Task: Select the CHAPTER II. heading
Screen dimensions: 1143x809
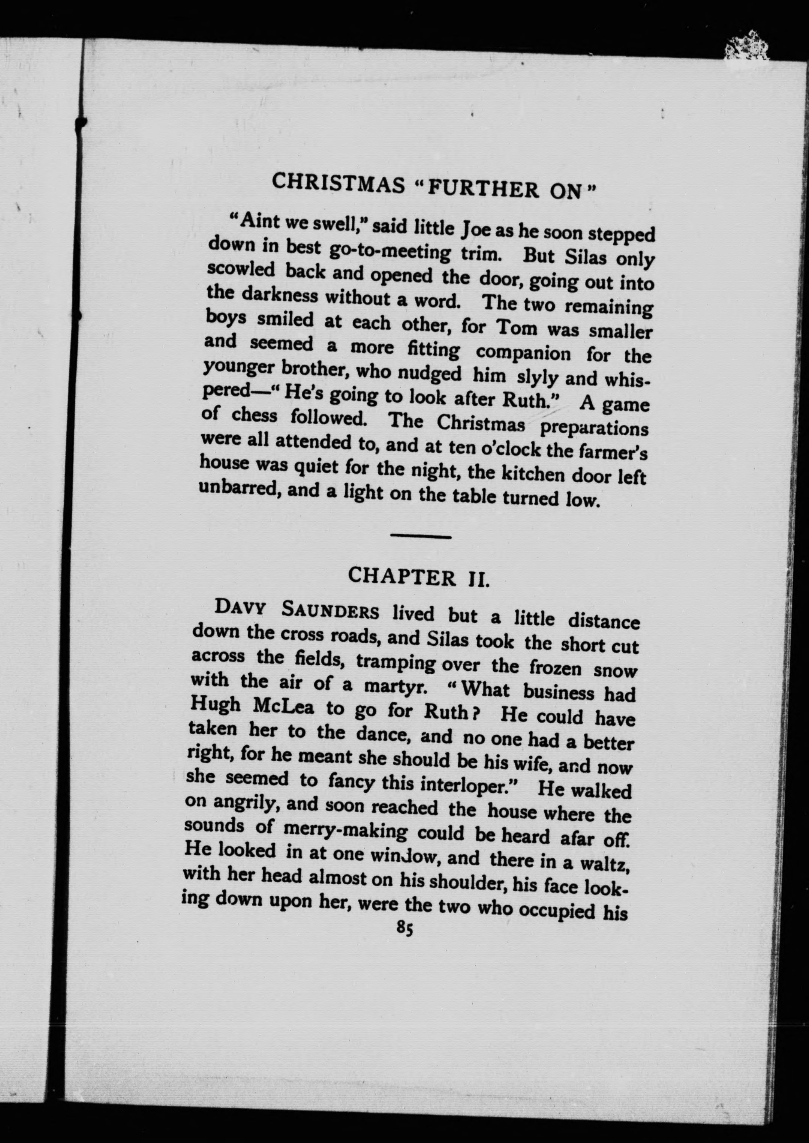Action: pyautogui.click(x=418, y=577)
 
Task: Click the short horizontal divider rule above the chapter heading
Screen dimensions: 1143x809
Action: pyautogui.click(x=421, y=537)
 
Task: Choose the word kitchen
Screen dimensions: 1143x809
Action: pyautogui.click(x=533, y=473)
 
